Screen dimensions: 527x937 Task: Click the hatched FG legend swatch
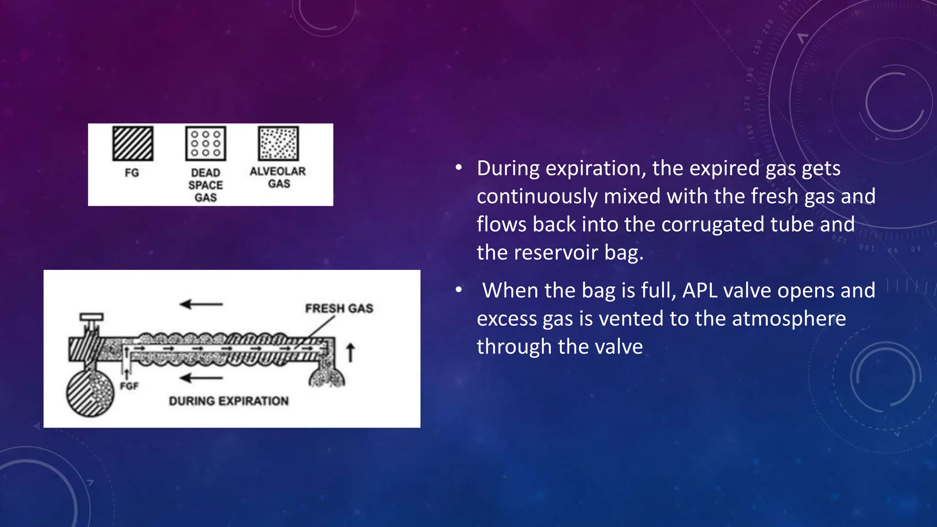point(133,144)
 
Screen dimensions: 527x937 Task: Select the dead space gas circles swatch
point(205,144)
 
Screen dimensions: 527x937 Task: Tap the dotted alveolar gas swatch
point(279,144)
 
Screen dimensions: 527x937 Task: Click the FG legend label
point(132,173)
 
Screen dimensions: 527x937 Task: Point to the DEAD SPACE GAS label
point(205,185)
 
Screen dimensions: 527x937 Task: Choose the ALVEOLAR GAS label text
point(278,177)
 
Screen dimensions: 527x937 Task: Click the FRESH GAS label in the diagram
point(339,308)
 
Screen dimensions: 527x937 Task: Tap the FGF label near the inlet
point(129,386)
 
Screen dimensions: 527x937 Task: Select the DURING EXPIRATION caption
point(229,401)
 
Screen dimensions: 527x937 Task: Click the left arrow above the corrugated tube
point(201,304)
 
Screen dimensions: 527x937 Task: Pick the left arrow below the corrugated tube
point(201,378)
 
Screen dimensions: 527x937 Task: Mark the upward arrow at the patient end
point(350,353)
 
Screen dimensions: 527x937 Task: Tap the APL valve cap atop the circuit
point(92,317)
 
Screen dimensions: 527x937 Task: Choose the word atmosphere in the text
point(789,318)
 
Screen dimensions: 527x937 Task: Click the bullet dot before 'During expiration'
point(458,168)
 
